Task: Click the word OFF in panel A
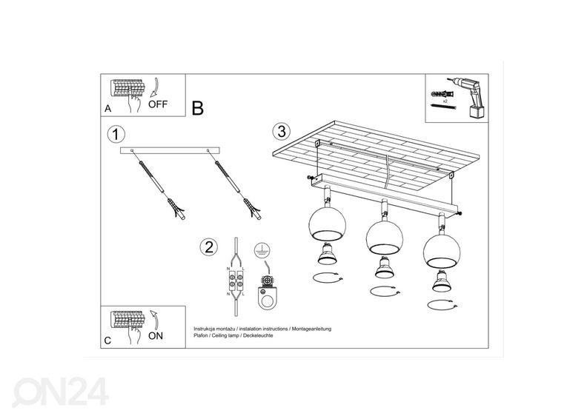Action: tap(158, 104)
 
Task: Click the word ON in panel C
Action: tap(156, 335)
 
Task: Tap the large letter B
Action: tap(197, 108)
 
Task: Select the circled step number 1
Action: tap(115, 135)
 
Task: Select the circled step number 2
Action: tap(210, 247)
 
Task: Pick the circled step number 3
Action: tap(279, 132)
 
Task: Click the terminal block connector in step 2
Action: tap(236, 283)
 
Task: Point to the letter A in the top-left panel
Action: tap(108, 108)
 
